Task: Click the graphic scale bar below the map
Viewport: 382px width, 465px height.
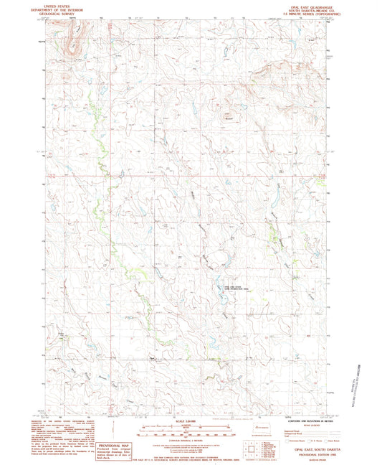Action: click(x=190, y=431)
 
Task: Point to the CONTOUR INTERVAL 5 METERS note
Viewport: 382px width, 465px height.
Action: click(x=190, y=441)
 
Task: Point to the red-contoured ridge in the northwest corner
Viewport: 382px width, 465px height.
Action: click(x=72, y=39)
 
